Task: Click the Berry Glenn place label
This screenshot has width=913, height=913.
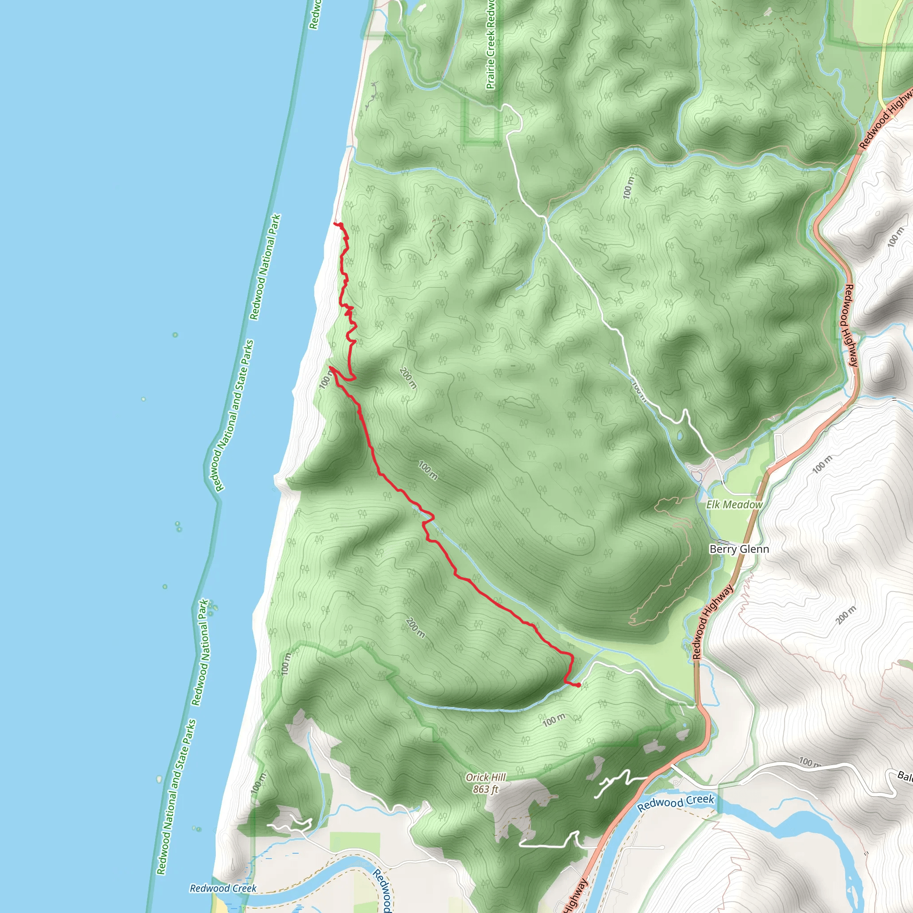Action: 739,549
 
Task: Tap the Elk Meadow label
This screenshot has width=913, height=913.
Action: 734,505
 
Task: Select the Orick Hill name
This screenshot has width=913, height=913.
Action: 485,777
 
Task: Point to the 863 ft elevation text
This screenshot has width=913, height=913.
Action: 485,789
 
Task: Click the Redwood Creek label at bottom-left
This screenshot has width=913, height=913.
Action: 223,888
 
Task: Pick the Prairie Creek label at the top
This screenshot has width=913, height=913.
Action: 490,45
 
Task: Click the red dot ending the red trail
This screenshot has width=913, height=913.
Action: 578,685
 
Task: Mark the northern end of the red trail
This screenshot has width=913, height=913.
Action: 336,223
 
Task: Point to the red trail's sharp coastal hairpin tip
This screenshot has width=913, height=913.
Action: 330,367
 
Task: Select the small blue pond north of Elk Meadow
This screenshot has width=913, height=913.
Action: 679,435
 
